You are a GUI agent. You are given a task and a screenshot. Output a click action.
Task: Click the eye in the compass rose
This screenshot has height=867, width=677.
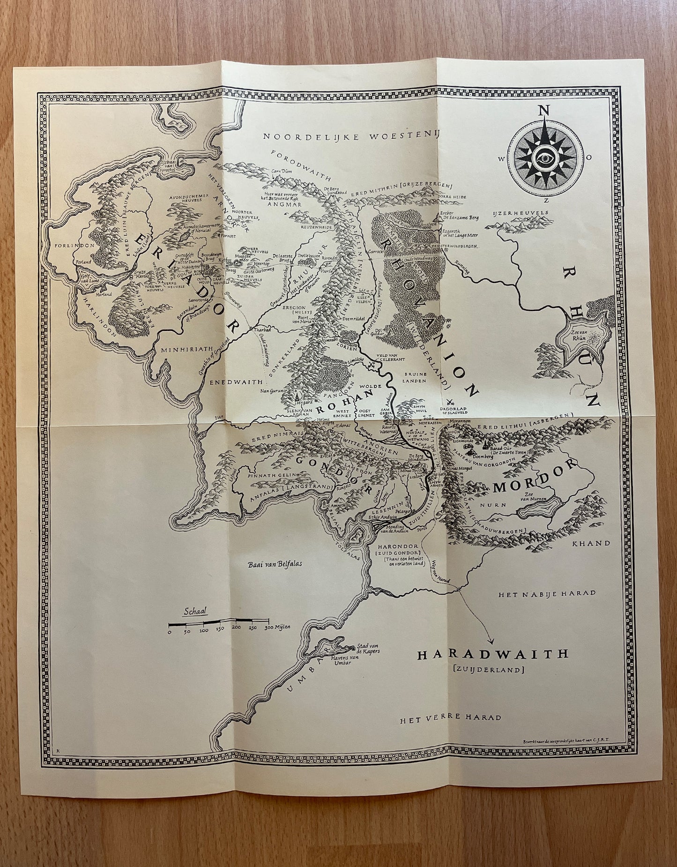[546, 158]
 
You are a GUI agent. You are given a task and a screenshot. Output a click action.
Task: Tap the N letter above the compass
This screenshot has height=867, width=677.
[544, 111]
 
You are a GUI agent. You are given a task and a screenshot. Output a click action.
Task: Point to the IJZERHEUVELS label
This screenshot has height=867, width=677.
[521, 213]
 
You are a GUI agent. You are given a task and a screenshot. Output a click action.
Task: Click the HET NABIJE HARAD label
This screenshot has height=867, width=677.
[547, 593]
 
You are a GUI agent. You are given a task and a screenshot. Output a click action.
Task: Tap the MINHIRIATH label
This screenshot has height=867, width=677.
[181, 350]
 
